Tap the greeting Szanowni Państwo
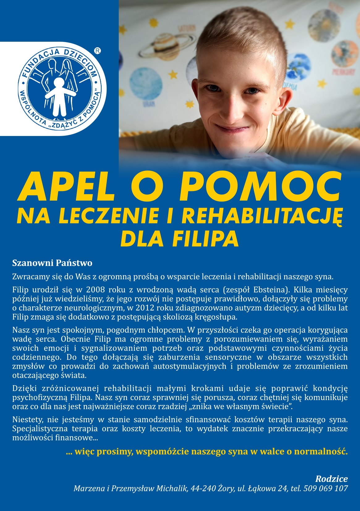[x=52, y=263]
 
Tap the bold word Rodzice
[x=331, y=479]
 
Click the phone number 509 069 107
[x=326, y=489]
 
